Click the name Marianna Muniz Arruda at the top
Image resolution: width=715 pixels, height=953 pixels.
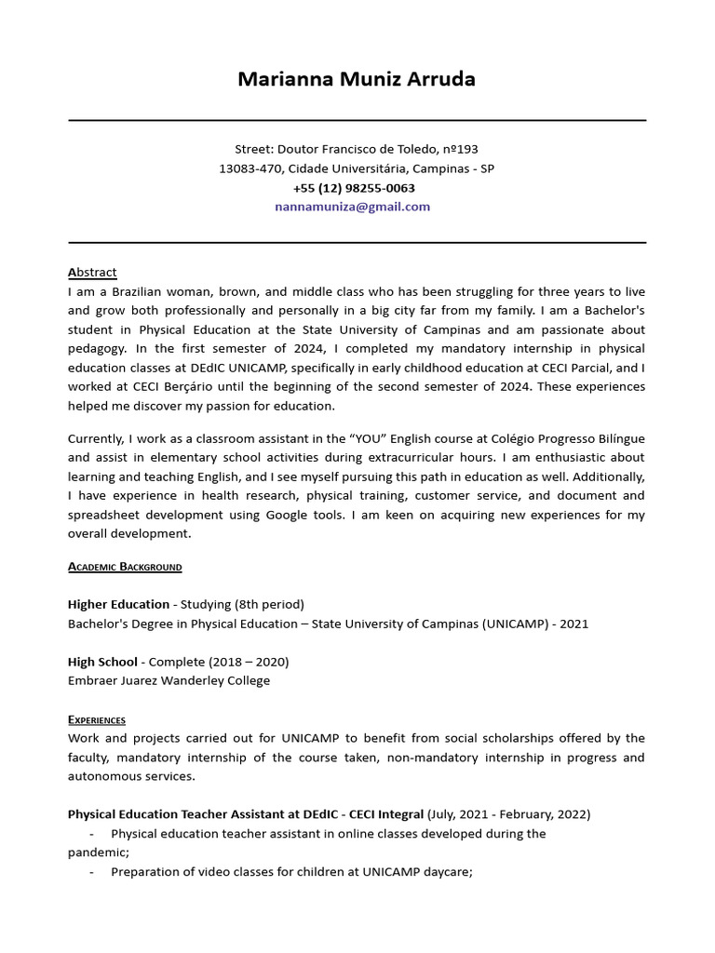[x=357, y=79]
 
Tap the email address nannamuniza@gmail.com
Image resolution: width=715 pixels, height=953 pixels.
[x=353, y=207]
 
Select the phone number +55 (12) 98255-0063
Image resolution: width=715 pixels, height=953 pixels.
[x=354, y=188]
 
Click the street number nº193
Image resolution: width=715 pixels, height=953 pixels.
[x=460, y=149]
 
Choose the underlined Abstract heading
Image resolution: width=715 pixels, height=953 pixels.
[x=92, y=272]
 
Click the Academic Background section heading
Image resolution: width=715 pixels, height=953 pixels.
[x=125, y=567]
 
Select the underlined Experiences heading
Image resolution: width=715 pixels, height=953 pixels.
[x=97, y=719]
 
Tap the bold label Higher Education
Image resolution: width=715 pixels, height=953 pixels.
[x=118, y=604]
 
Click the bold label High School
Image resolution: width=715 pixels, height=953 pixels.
[x=102, y=662]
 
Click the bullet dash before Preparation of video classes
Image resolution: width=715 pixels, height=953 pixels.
[x=92, y=872]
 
